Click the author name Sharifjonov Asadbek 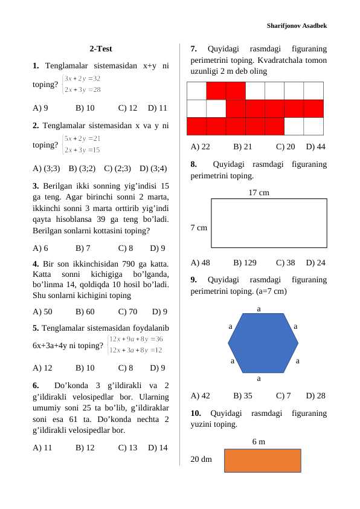pos(297,26)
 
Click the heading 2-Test pos(100,49)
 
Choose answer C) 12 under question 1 pos(128,108)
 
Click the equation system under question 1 pos(82,85)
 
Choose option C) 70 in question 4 pos(128,312)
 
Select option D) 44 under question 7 pos(316,146)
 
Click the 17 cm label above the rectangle pos(259,192)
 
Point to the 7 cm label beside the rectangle pos(199,228)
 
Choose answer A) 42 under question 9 pos(200,396)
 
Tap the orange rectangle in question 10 pos(262,460)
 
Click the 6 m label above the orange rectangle pos(259,441)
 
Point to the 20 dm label pos(201,459)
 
